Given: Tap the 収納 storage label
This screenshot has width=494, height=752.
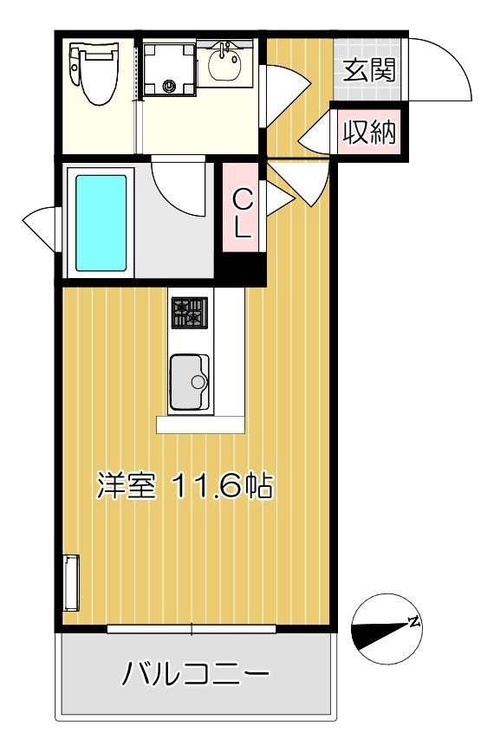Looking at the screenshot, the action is click(369, 132).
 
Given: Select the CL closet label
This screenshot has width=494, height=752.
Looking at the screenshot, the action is click(243, 212).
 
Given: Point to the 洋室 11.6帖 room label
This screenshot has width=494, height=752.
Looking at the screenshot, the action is click(185, 486).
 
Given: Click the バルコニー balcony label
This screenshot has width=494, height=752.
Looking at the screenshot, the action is click(195, 674).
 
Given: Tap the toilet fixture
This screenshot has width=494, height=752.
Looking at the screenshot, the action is click(94, 72).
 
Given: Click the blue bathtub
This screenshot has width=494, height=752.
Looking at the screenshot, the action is click(101, 223).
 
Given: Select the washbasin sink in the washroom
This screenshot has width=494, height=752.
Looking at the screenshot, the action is click(224, 63).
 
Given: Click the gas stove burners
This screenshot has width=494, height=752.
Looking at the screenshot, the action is click(190, 313).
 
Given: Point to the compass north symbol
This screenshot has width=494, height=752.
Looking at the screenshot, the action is click(387, 629).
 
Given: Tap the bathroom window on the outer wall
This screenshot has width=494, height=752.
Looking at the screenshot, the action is click(42, 229).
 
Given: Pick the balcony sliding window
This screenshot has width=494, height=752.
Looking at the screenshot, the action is click(192, 629).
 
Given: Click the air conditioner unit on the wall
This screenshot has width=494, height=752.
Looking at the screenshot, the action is click(71, 583).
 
